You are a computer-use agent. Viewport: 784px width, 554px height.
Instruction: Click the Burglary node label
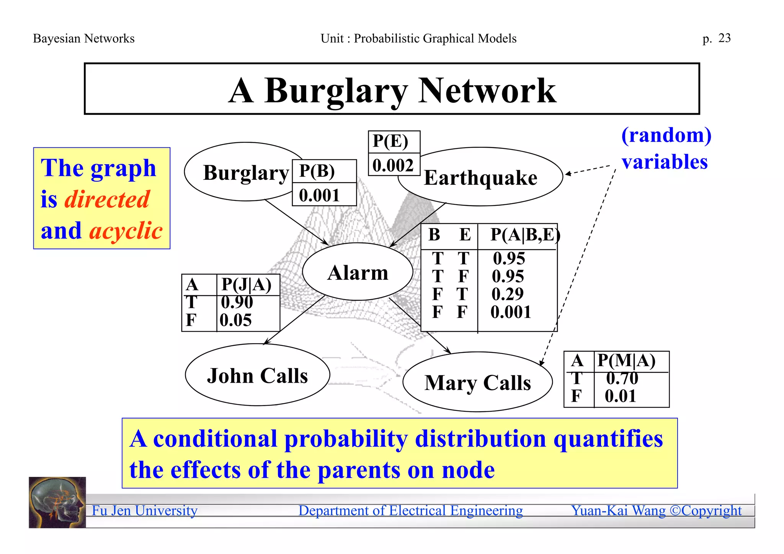[246, 173]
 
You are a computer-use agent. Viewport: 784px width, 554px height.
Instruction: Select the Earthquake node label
[480, 178]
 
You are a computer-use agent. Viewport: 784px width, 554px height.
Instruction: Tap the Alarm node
[358, 272]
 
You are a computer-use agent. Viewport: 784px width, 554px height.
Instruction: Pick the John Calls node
[257, 375]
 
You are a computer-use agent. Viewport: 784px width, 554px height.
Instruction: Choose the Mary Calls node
[477, 383]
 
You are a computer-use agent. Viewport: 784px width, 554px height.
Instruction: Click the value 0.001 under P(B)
[319, 196]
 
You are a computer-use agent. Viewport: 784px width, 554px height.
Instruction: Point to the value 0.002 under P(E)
[393, 166]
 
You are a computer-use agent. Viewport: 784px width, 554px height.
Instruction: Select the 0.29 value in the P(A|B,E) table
[508, 294]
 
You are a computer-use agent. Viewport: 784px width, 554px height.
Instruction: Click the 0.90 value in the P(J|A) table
[237, 302]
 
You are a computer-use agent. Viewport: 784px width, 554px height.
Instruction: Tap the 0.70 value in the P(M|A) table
[622, 378]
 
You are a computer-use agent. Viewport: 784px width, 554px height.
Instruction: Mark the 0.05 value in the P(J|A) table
[236, 320]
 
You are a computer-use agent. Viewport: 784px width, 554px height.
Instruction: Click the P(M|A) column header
[626, 361]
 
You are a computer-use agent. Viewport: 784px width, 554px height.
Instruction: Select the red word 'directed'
[107, 199]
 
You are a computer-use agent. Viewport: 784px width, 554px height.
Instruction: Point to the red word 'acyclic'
[126, 231]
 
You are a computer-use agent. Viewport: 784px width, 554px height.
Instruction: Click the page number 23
[724, 38]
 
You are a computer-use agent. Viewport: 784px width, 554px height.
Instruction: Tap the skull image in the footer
[57, 502]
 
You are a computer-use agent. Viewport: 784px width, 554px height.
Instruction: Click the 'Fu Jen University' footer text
[145, 511]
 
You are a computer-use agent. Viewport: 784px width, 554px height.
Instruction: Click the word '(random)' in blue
[666, 135]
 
